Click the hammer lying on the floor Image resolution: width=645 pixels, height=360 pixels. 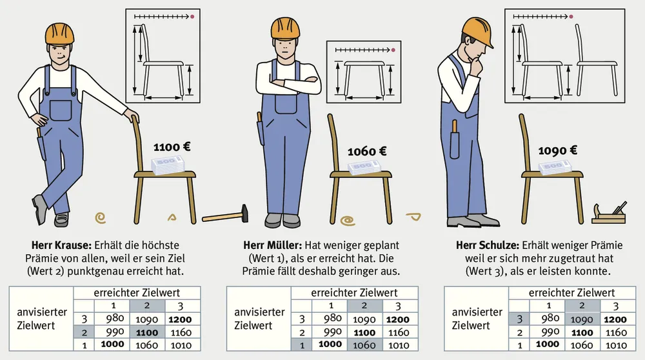click(225, 214)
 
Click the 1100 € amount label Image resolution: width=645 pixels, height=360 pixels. click(172, 147)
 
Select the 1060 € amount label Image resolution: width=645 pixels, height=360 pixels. click(367, 152)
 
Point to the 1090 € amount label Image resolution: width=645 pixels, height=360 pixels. click(557, 150)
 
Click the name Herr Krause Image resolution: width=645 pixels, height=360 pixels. click(61, 245)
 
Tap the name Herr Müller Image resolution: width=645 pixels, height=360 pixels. click(272, 245)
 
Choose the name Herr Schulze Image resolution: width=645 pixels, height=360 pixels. click(488, 245)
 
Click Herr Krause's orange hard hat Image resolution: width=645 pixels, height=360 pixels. click(59, 34)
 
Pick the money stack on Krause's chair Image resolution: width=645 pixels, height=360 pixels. click(168, 165)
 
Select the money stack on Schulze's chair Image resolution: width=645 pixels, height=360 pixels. click(555, 167)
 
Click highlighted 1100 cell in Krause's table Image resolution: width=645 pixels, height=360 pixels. click(147, 332)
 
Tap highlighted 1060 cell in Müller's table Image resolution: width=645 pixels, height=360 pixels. click(364, 345)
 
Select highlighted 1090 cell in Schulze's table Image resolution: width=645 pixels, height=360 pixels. click(582, 319)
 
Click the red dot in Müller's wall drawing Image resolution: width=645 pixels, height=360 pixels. click(393, 50)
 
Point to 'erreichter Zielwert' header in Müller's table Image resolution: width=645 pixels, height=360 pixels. click(354, 292)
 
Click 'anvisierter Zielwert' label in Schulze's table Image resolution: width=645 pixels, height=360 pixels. click(477, 319)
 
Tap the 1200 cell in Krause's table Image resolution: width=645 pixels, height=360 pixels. click(180, 319)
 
